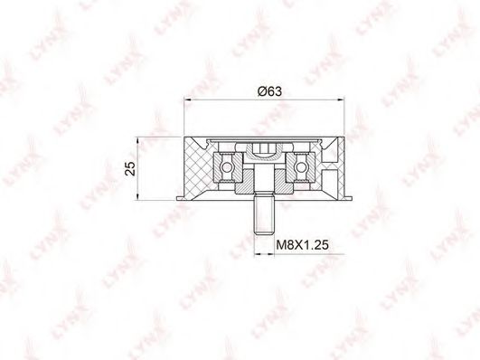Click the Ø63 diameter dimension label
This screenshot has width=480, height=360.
point(269,91)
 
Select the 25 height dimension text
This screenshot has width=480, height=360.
point(130,168)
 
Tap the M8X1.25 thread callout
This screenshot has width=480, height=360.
point(303,245)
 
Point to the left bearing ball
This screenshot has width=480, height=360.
point(227,167)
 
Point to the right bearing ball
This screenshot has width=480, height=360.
point(301,167)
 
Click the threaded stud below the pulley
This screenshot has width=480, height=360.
point(264,215)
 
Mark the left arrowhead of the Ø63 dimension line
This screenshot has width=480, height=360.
point(187,99)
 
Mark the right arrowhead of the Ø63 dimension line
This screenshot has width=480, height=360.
point(341,99)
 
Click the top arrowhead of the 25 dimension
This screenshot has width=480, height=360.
point(138,140)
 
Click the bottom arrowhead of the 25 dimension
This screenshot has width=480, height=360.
point(138,196)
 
